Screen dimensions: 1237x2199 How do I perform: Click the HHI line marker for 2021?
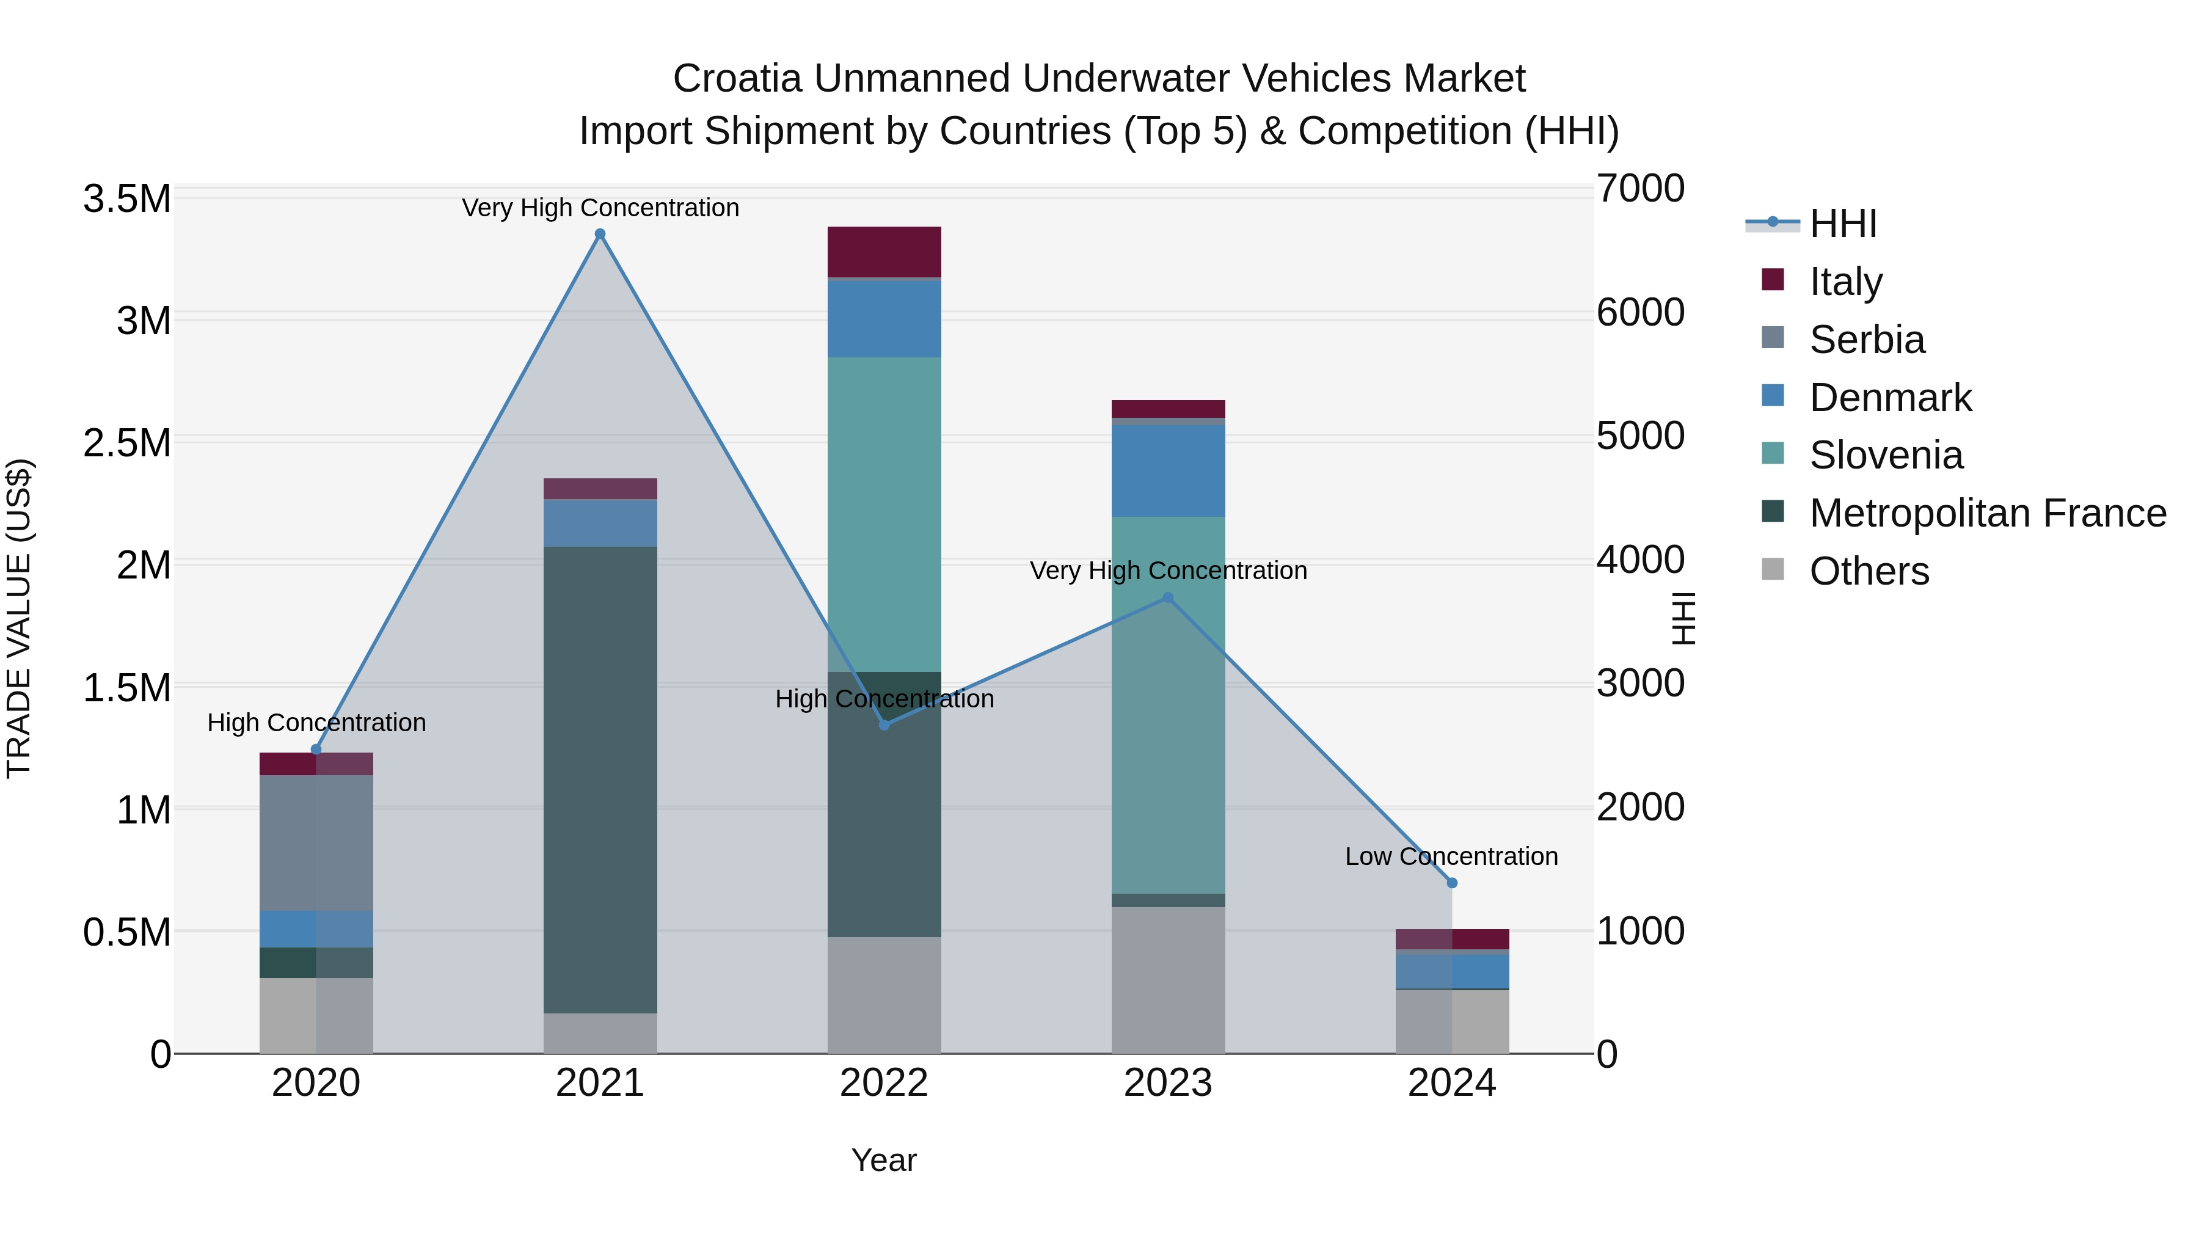click(600, 234)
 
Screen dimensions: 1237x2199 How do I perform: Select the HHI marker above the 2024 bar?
click(1452, 883)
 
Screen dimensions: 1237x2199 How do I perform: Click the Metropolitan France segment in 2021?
click(600, 779)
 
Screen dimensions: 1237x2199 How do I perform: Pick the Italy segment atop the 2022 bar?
click(884, 252)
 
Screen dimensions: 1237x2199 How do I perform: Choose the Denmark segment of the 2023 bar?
click(1168, 470)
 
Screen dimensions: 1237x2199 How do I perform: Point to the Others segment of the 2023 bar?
click(1168, 979)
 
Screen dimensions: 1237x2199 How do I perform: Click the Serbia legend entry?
click(1866, 340)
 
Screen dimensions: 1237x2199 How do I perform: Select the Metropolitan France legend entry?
click(1986, 513)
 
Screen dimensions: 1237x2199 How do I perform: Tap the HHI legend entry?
click(1842, 224)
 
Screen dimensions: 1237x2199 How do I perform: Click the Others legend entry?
click(1868, 571)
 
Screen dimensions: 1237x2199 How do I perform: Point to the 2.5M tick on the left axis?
click(127, 443)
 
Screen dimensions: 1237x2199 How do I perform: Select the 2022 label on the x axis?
click(884, 1083)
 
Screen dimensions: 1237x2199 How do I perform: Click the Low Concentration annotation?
click(1451, 856)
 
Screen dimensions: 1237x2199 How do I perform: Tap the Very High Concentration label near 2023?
click(1168, 571)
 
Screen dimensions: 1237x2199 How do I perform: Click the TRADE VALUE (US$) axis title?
click(19, 618)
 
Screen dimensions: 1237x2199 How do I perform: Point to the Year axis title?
click(883, 1160)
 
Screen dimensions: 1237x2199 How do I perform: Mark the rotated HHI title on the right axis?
click(1683, 618)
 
